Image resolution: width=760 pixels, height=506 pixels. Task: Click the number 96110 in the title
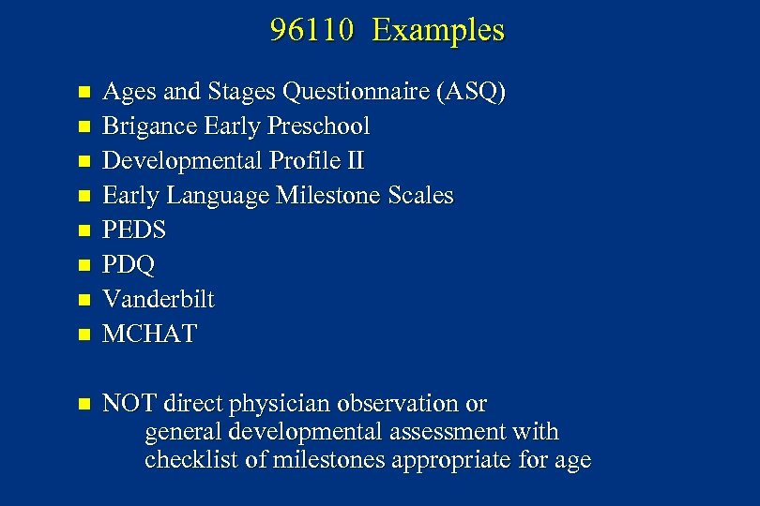pyautogui.click(x=311, y=31)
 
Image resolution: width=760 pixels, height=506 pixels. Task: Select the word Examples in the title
pyautogui.click(x=437, y=31)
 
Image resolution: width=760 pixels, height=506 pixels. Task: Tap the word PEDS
pyautogui.click(x=133, y=231)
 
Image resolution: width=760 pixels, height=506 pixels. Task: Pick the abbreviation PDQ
pyautogui.click(x=129, y=265)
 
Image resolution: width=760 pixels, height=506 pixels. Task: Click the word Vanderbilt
pyautogui.click(x=158, y=300)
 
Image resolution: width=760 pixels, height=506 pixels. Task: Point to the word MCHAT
pyautogui.click(x=149, y=335)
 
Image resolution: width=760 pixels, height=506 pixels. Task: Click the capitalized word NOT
pyautogui.click(x=129, y=404)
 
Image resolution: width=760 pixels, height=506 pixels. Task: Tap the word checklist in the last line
pyautogui.click(x=190, y=460)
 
